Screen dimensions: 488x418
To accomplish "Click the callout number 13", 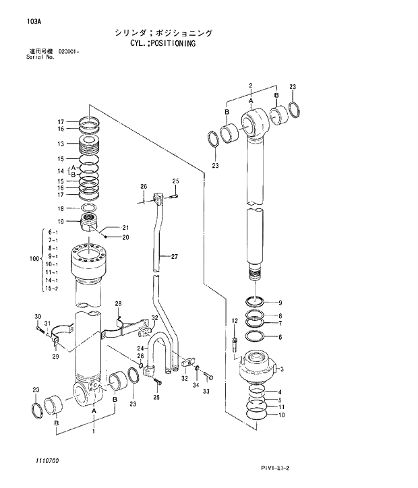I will [x=61, y=144].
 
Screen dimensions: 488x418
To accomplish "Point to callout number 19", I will [x=61, y=221].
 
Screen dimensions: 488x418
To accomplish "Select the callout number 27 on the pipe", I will [x=174, y=257].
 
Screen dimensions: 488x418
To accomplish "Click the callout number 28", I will [x=118, y=303].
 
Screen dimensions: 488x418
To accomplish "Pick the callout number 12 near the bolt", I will [x=235, y=320].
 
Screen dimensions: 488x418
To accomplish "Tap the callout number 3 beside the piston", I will [x=281, y=369].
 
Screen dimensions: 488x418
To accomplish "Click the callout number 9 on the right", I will [x=280, y=302].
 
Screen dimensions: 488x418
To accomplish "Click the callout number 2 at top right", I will [x=250, y=86].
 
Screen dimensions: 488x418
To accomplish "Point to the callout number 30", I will [x=38, y=317].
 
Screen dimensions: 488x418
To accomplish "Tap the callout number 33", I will [x=207, y=391].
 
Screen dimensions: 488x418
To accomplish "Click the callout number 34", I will [x=195, y=384].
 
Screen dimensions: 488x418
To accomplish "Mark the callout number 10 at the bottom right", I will [x=281, y=415].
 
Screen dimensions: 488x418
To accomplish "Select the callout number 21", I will [x=125, y=228].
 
